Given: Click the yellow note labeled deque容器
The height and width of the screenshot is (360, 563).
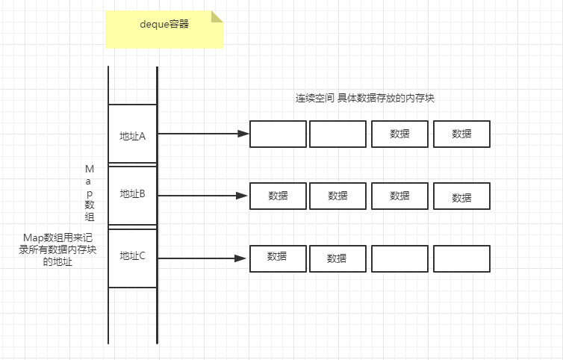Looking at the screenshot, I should pyautogui.click(x=164, y=29).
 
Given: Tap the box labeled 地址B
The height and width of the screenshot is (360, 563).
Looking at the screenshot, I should pyautogui.click(x=132, y=195).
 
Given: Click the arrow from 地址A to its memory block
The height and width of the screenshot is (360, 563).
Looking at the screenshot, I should pyautogui.click(x=202, y=134).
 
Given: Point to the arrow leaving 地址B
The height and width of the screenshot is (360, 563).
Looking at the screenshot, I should pyautogui.click(x=202, y=196).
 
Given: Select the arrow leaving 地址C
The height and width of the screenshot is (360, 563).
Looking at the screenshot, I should pyautogui.click(x=202, y=258).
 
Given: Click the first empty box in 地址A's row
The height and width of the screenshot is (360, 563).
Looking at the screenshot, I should pyautogui.click(x=278, y=134).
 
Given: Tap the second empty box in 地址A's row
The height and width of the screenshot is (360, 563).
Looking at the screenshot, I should pyautogui.click(x=338, y=134).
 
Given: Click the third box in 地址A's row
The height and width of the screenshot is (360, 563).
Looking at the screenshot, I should pyautogui.click(x=399, y=134).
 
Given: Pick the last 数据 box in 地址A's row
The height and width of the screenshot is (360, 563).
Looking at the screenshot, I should pyautogui.click(x=461, y=134).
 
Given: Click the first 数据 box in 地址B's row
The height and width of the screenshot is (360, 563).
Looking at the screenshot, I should pyautogui.click(x=278, y=196).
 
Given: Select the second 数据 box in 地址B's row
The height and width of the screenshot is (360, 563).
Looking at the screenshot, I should pyautogui.click(x=338, y=196).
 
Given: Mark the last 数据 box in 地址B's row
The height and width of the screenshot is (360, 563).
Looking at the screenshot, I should pyautogui.click(x=461, y=196).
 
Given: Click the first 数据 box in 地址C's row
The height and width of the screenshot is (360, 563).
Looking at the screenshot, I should pyautogui.click(x=278, y=258).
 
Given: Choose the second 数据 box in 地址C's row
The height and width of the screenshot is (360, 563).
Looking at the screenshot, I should pyautogui.click(x=338, y=258).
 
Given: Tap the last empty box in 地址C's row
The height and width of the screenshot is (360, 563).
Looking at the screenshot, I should pyautogui.click(x=461, y=258).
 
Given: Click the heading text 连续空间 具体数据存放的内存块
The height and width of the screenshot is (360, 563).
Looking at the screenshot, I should pyautogui.click(x=370, y=98).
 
